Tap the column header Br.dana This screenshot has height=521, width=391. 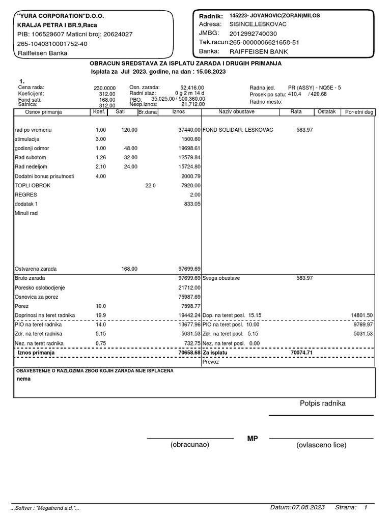[x=148, y=111]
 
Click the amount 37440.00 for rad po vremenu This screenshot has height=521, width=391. [x=189, y=130]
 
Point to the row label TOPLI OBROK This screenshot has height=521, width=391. [x=33, y=185]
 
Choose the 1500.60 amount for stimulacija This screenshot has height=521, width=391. [x=191, y=139]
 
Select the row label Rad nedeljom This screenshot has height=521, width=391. [x=34, y=166]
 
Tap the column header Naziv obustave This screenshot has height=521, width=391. [x=237, y=111]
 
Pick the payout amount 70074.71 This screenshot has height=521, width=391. [x=301, y=352]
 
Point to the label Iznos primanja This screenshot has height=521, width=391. [x=36, y=352]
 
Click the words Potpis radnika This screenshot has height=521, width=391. [x=322, y=403]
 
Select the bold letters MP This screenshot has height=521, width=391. [x=253, y=439]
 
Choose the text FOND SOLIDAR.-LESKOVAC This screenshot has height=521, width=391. [x=238, y=130]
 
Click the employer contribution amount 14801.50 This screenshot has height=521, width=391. [x=362, y=315]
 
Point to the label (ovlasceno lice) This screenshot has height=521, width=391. [x=321, y=445]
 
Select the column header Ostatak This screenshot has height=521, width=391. [x=326, y=111]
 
